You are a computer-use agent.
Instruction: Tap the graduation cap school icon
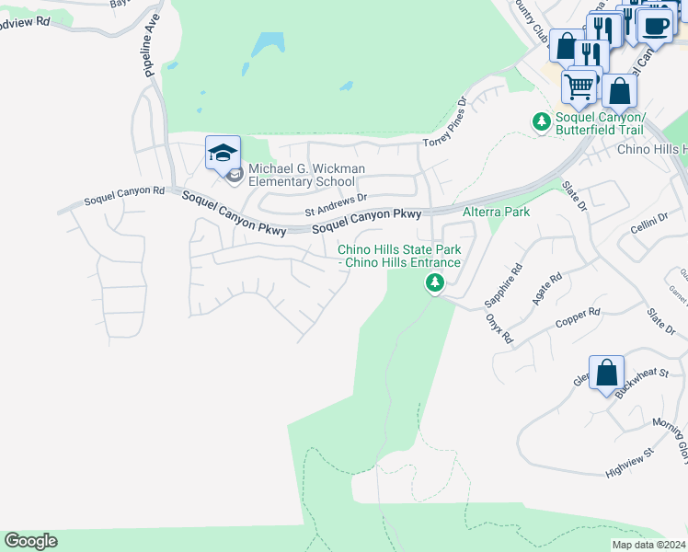223,153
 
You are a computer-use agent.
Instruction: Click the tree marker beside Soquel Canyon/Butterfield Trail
542,121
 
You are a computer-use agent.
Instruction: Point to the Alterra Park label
496,212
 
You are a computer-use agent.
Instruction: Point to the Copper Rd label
578,318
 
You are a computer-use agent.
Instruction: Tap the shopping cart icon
579,87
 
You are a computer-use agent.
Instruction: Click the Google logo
30,541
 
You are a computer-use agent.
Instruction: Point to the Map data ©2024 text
648,545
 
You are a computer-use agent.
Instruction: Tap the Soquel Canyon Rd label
123,196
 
